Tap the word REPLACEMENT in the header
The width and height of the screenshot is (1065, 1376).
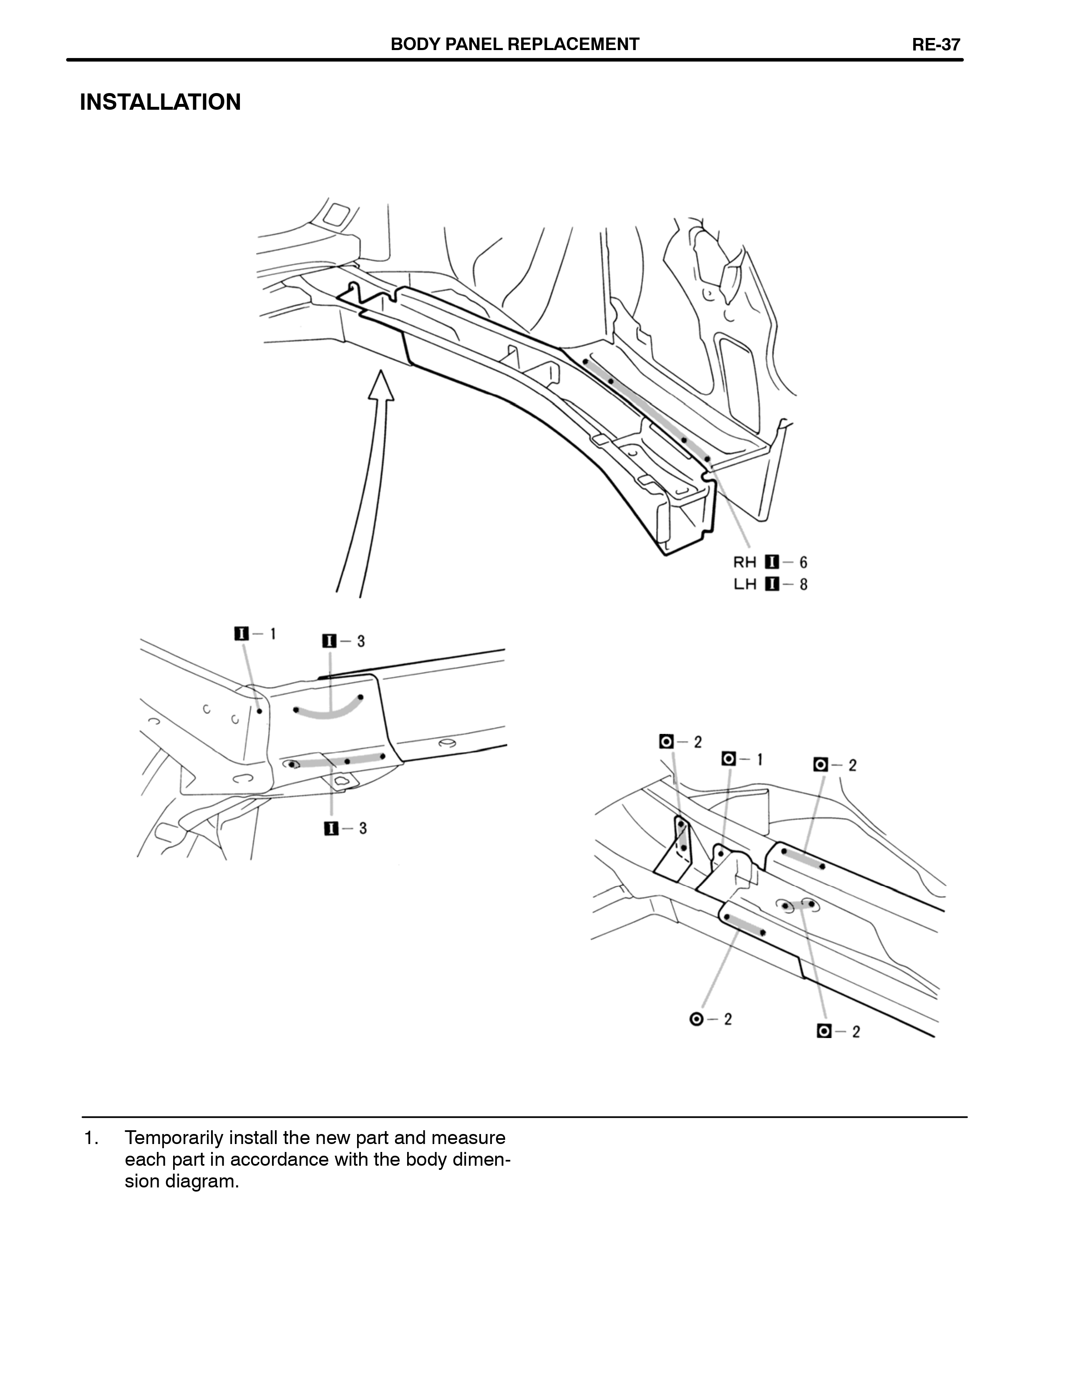coord(573,44)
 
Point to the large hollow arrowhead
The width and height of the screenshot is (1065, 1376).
coord(380,385)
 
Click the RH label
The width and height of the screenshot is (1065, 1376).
coord(745,562)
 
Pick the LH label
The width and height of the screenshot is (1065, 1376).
coord(745,584)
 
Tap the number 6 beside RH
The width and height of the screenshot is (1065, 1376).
coord(803,562)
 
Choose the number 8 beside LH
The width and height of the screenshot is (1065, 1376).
coord(803,584)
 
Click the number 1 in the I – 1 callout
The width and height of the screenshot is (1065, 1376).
coord(273,633)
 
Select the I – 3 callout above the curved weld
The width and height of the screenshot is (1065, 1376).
coord(344,641)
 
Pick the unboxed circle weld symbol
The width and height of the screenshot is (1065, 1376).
coord(697,1019)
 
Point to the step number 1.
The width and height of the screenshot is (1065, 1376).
coord(90,1138)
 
